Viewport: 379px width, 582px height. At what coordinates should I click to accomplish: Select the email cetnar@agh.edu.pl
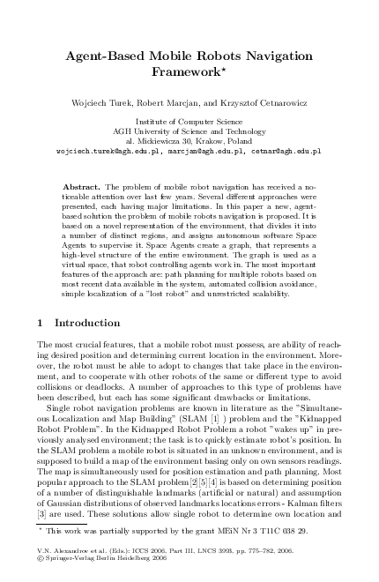(x=284, y=151)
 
